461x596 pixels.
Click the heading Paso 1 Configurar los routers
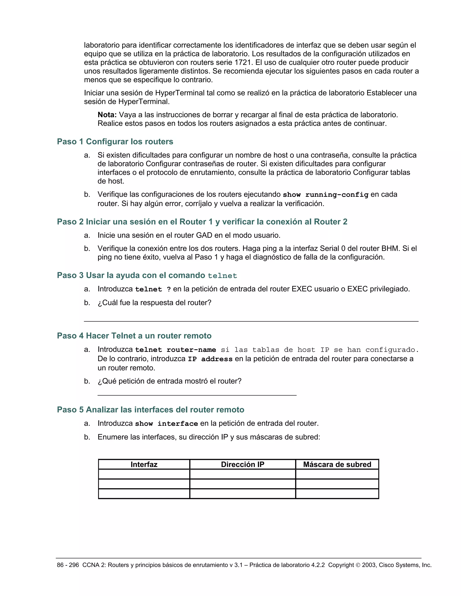click(115, 142)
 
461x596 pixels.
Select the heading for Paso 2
click(202, 222)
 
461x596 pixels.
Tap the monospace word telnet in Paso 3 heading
click(222, 276)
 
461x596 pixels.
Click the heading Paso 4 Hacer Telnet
click(134, 336)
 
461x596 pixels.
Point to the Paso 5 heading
click(151, 410)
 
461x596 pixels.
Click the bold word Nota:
click(107, 115)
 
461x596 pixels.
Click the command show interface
click(166, 423)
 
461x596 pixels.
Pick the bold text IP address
click(210, 359)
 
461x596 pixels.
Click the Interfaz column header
click(144, 464)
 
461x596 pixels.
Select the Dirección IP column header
click(242, 464)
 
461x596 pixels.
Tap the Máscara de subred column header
click(337, 464)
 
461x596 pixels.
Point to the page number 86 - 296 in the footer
click(68, 565)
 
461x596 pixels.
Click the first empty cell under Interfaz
click(144, 474)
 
